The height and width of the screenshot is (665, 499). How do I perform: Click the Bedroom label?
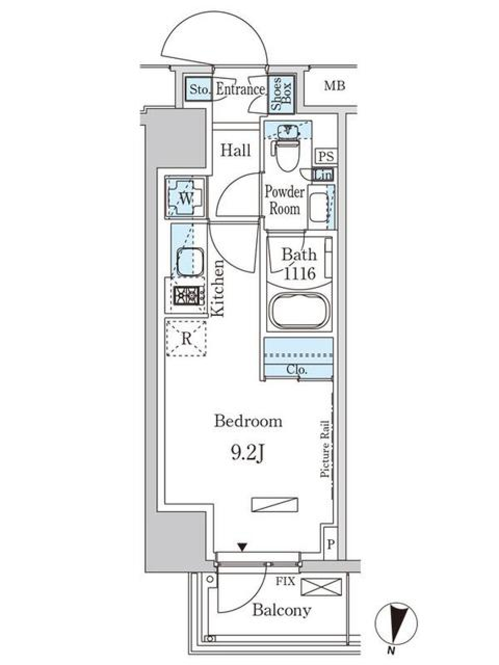[x=248, y=421]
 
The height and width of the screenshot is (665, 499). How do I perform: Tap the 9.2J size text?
[x=248, y=454]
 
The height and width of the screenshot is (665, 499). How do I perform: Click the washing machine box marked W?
[x=186, y=197]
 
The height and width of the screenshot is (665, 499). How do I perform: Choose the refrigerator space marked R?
[x=186, y=339]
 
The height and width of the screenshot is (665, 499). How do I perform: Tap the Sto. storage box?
[x=200, y=90]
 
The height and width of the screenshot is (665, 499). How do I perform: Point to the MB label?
[x=335, y=86]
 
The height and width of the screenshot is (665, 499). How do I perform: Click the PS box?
[x=326, y=156]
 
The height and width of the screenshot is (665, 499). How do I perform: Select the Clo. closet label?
[x=297, y=370]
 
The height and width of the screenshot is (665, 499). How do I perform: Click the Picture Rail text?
[x=326, y=448]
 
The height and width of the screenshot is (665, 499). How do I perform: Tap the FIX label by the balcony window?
[x=285, y=581]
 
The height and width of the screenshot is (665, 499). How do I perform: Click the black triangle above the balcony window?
[x=242, y=547]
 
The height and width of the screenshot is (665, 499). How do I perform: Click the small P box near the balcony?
[x=331, y=544]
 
